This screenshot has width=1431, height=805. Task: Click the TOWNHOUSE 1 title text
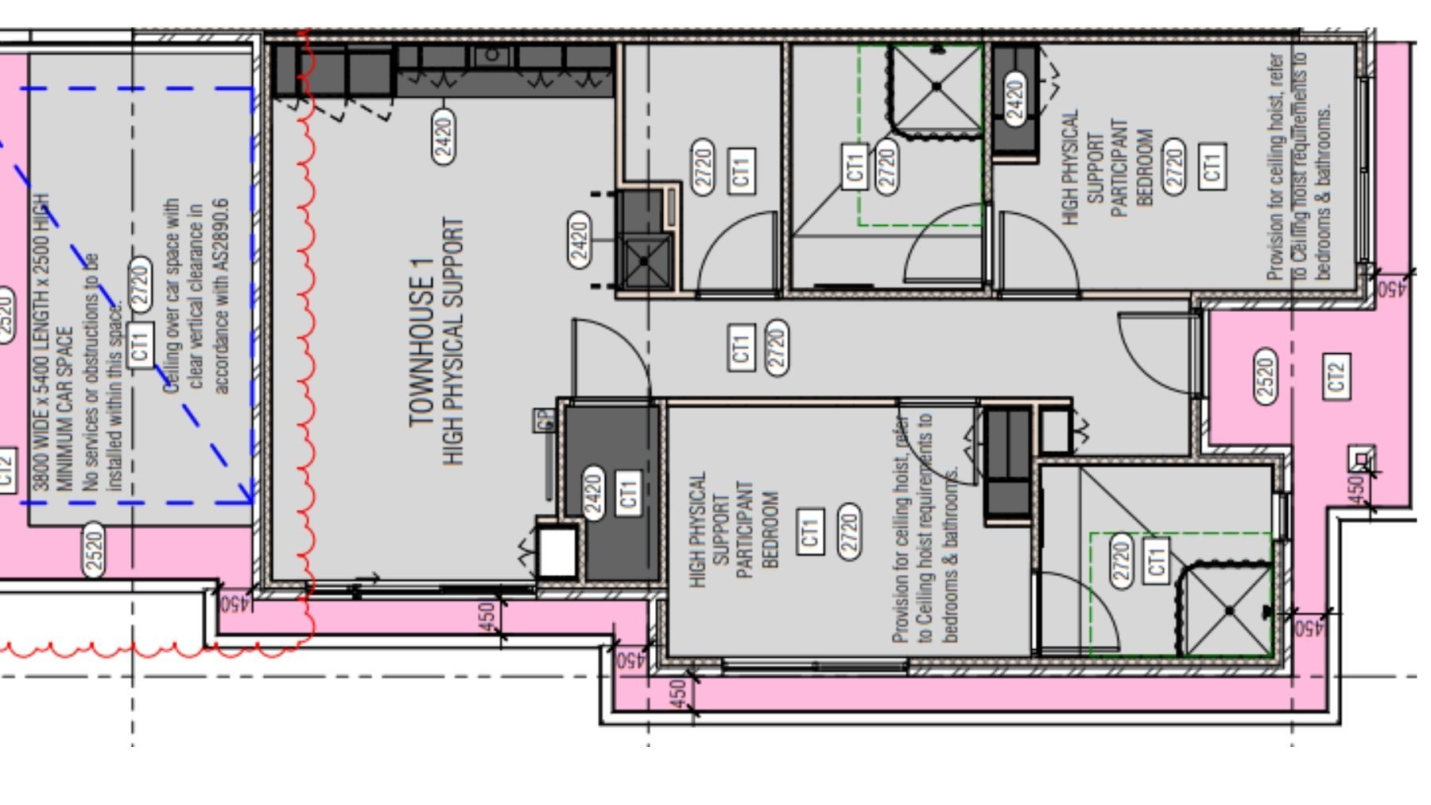point(421,342)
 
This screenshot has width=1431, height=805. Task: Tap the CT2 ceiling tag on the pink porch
point(1336,376)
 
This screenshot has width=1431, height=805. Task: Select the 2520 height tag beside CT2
point(1266,375)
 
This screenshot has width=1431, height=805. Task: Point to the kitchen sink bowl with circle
point(491,55)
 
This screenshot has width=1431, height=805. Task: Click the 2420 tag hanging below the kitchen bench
point(444,136)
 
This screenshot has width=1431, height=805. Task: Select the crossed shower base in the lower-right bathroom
point(1228,611)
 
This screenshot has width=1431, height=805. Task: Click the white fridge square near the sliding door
point(556,550)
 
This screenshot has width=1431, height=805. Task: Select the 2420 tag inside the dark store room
point(593,493)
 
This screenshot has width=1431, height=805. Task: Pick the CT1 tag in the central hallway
point(741,347)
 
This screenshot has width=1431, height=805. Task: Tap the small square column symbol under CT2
point(1361,460)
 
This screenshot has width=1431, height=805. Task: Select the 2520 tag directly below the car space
point(95,550)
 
